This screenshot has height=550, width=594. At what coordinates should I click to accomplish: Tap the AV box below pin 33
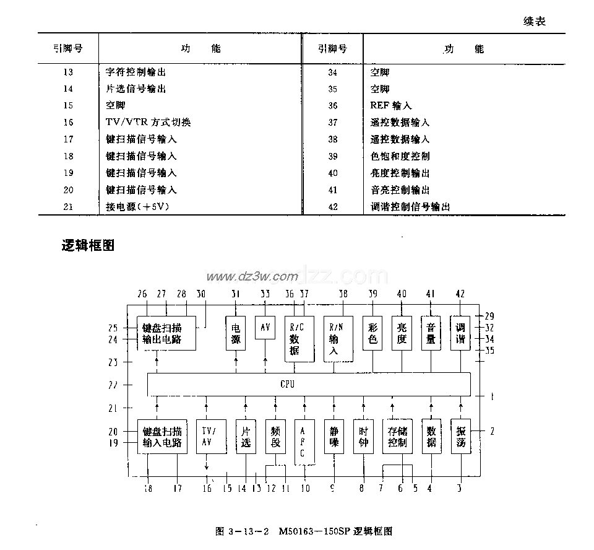(265, 327)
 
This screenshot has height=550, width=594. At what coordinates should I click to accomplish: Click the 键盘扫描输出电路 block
(166, 333)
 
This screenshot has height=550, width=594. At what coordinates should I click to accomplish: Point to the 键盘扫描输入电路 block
(162, 437)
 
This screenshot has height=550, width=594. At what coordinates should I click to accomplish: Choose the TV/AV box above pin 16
(207, 437)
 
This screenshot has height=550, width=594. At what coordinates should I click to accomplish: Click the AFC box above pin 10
(303, 442)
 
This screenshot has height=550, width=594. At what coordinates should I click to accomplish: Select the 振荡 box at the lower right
(460, 437)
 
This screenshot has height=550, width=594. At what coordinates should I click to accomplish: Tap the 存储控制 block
(397, 437)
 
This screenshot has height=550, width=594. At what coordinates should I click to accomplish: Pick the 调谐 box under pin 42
(460, 333)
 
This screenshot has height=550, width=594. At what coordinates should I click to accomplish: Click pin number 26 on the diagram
(143, 294)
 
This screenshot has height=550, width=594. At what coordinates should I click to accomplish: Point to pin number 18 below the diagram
(148, 489)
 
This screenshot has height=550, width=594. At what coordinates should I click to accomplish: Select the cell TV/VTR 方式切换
(148, 123)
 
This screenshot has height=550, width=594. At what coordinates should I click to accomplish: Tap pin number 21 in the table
(68, 207)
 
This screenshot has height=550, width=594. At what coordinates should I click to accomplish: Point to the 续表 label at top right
(535, 22)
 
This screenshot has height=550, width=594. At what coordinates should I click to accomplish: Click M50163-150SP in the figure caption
(314, 531)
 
